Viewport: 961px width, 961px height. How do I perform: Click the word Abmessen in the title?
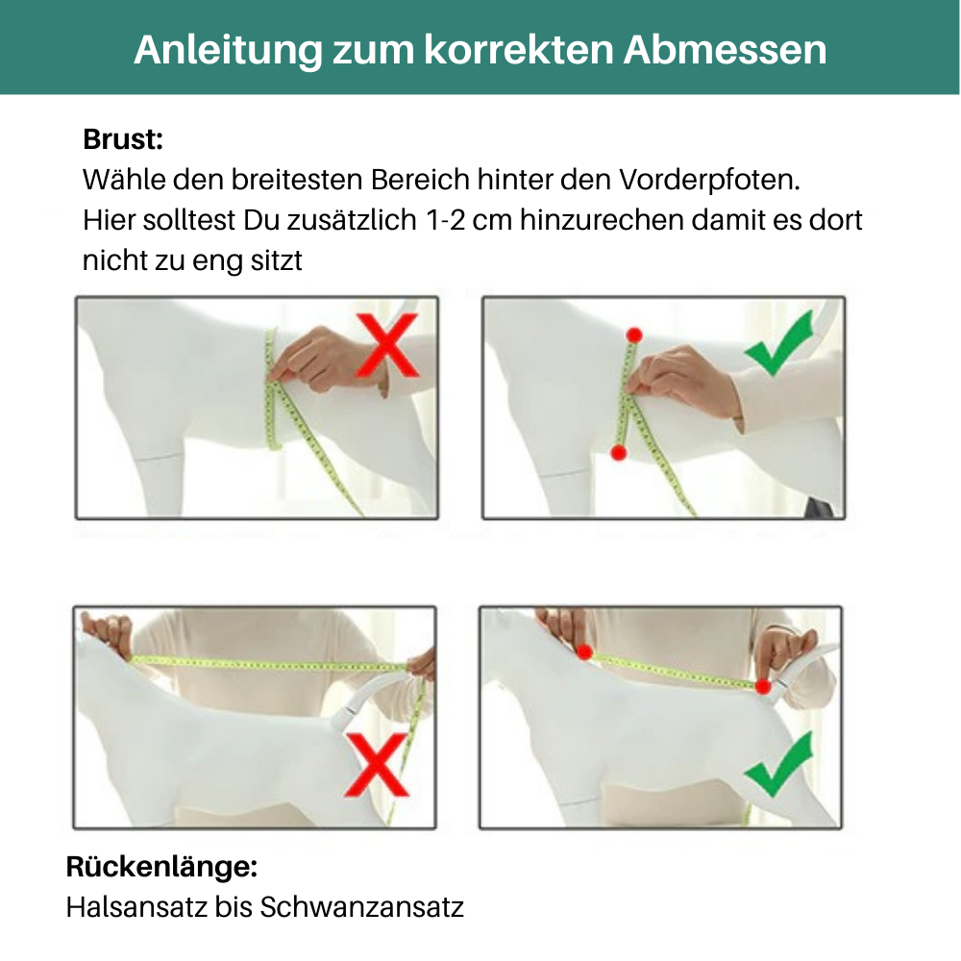pyautogui.click(x=725, y=49)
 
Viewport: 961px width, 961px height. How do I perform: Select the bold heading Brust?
pyautogui.click(x=123, y=139)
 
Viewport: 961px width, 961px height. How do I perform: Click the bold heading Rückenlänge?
pyautogui.click(x=161, y=867)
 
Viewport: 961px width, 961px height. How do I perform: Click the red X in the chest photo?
pyautogui.click(x=387, y=345)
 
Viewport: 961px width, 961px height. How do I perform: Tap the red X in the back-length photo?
pyautogui.click(x=377, y=764)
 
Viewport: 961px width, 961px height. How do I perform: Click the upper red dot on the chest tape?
pyautogui.click(x=634, y=335)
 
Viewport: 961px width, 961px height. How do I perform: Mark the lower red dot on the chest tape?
pyautogui.click(x=619, y=453)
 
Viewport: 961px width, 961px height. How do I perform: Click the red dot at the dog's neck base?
pyautogui.click(x=584, y=653)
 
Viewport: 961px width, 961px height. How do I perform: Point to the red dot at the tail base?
pyautogui.click(x=763, y=686)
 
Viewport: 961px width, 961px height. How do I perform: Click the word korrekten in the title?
pyautogui.click(x=519, y=49)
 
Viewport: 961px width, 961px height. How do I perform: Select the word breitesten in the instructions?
pyautogui.click(x=297, y=180)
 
